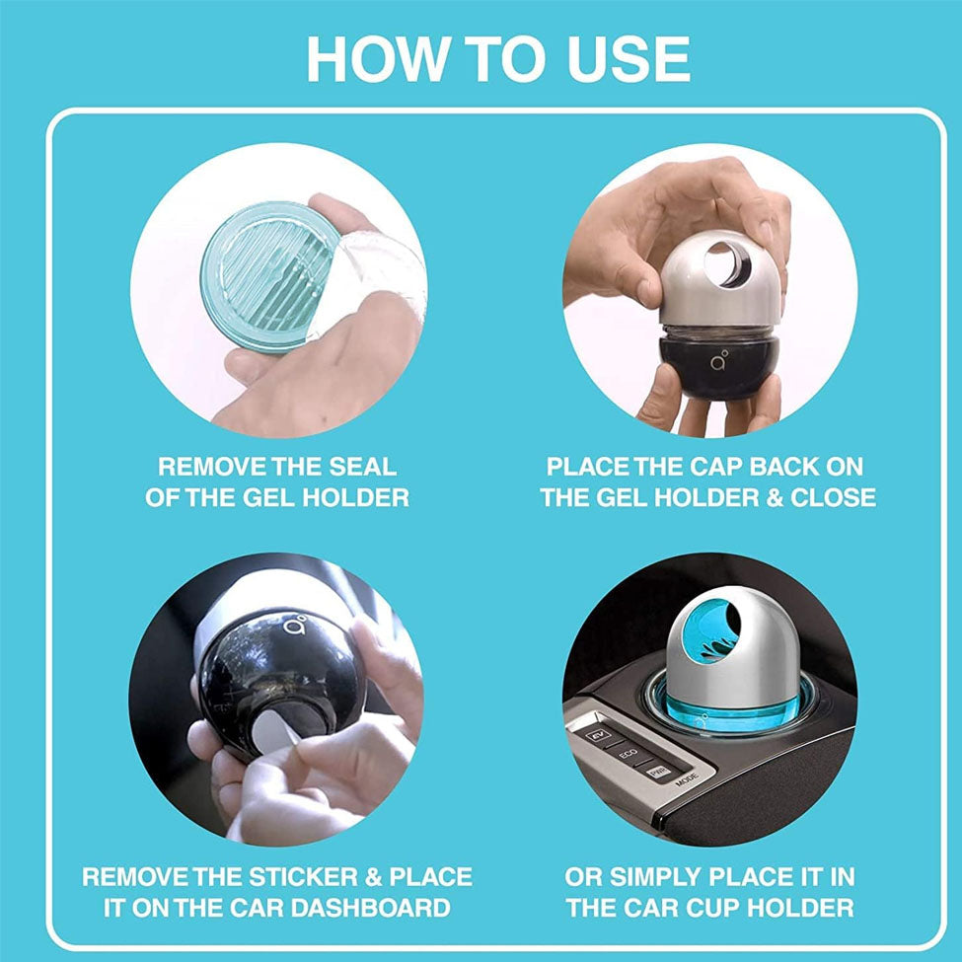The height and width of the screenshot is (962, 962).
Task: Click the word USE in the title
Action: [629, 59]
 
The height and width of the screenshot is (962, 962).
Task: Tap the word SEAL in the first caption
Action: [362, 467]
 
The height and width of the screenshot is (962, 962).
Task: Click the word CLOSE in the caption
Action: [833, 497]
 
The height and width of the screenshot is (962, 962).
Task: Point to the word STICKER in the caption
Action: [303, 877]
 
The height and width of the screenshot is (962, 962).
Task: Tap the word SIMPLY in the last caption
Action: [654, 877]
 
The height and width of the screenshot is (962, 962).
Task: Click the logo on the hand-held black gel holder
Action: [719, 360]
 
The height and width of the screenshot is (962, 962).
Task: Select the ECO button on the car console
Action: [628, 754]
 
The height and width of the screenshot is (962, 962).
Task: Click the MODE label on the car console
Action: [687, 779]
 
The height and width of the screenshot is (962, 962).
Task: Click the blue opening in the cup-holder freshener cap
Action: [711, 631]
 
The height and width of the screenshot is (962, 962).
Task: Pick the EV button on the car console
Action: [598, 734]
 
